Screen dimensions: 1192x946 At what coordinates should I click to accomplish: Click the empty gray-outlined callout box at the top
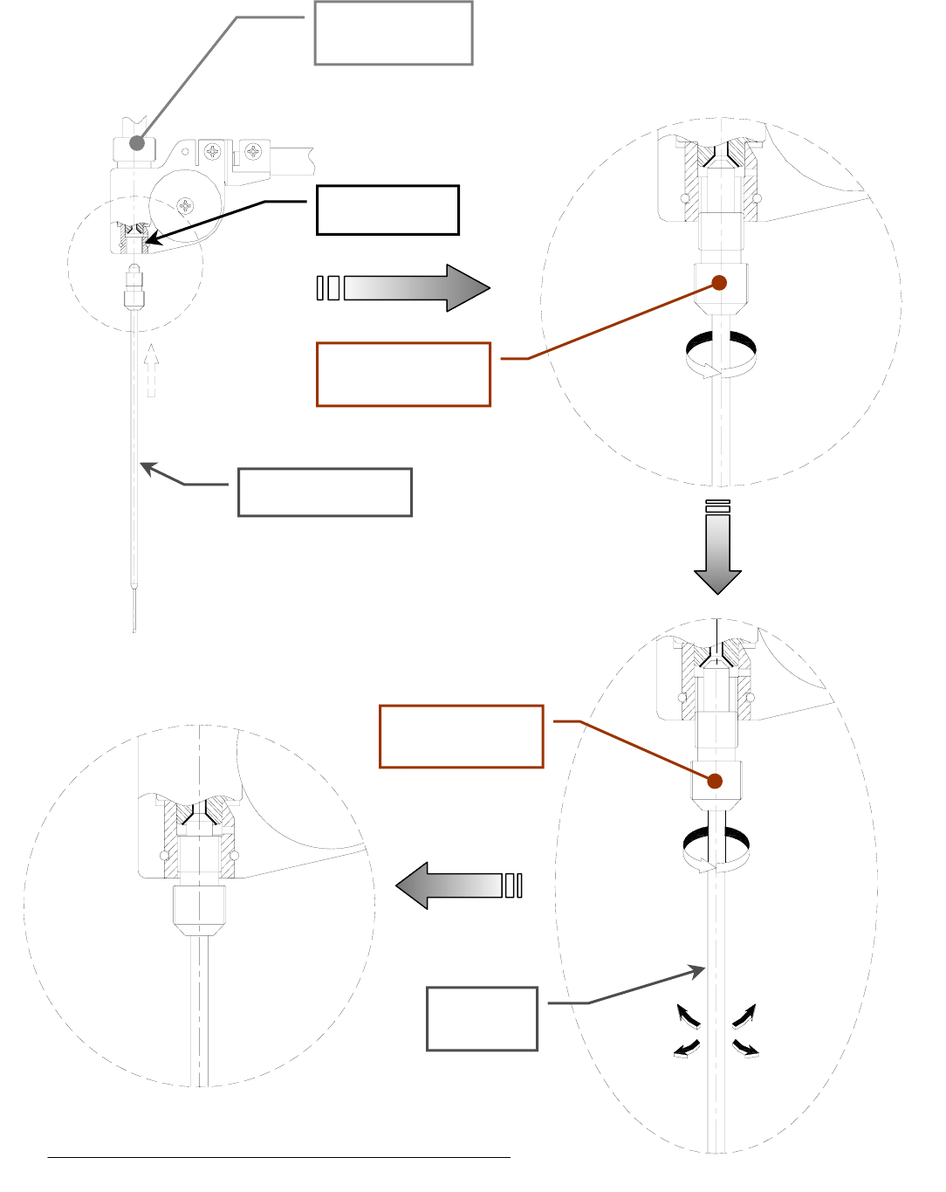[394, 33]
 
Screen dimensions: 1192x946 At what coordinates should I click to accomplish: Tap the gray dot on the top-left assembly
[137, 142]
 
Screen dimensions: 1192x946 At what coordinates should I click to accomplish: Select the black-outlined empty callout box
[387, 210]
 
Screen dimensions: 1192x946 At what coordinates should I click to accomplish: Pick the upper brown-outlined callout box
[403, 375]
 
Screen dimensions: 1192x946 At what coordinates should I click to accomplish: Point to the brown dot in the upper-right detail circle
[719, 282]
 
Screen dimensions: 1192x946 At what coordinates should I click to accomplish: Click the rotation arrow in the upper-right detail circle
[721, 354]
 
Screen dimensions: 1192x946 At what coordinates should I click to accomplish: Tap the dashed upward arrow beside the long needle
[152, 370]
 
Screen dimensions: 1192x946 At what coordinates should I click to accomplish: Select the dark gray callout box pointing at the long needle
[325, 493]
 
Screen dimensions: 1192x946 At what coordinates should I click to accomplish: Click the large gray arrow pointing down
[717, 551]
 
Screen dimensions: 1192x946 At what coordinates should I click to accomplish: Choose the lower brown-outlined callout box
[462, 736]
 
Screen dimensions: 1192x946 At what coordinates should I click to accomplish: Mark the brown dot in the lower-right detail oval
[715, 781]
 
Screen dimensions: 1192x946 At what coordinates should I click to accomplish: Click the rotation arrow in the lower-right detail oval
[716, 850]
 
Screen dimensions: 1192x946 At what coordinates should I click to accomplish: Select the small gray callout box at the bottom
[482, 1018]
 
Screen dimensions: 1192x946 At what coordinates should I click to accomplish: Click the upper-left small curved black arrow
[689, 1016]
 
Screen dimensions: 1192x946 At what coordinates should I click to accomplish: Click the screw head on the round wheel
[185, 206]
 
